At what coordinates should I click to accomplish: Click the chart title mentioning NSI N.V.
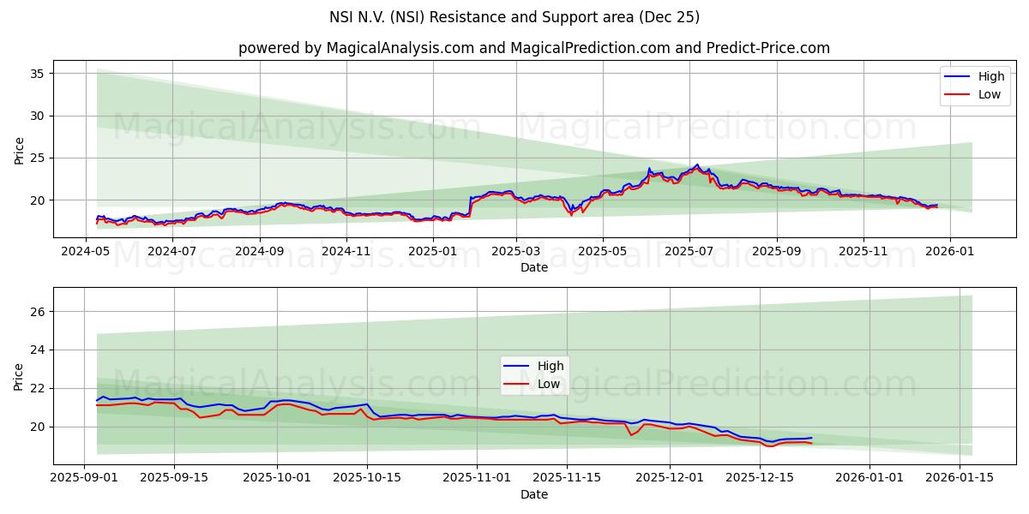514,17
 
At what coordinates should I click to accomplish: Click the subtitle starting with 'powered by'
533,48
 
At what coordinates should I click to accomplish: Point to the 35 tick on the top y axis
37,74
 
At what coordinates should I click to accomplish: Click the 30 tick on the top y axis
37,116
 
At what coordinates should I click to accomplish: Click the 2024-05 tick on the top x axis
86,251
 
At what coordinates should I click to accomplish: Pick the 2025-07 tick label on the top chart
689,251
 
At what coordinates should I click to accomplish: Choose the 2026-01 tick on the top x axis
949,251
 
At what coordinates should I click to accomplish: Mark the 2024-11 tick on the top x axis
346,251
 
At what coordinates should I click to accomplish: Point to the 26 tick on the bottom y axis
37,312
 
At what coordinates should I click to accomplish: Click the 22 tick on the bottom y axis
37,388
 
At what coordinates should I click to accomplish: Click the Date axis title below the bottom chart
533,494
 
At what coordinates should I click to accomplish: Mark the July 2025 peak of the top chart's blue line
697,164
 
